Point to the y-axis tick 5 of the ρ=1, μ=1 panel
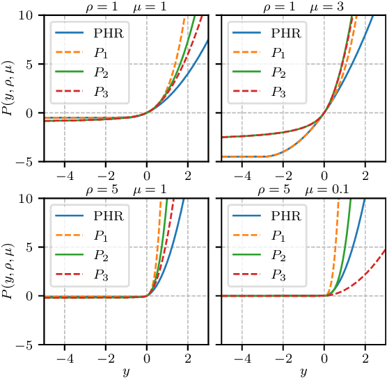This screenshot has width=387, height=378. pyautogui.click(x=33, y=64)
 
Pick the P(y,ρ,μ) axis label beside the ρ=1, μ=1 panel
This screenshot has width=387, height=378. pyautogui.click(x=8, y=88)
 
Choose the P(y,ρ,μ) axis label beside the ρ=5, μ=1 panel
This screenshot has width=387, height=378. pyautogui.click(x=8, y=271)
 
